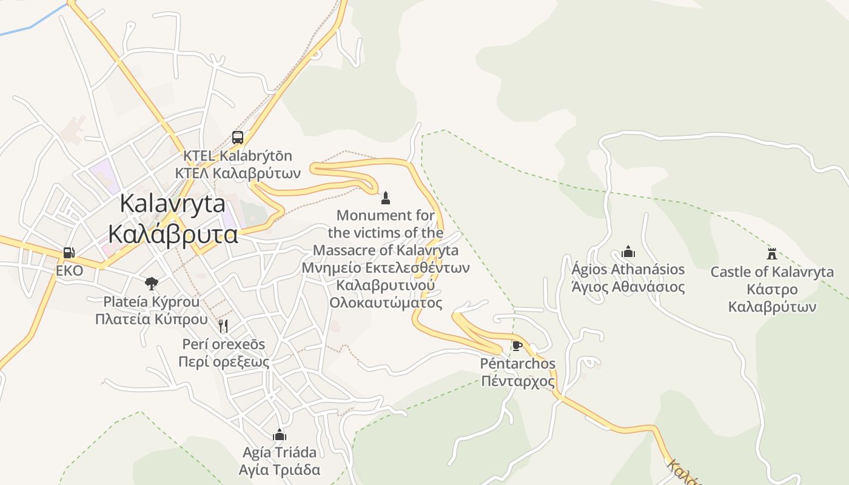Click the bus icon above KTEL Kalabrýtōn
pos(238,138)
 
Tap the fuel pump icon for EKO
pos(69,253)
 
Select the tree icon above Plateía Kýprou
pos(151,283)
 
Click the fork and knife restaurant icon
pos(223,326)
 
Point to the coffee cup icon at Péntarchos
pos(517,346)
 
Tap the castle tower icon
pos(772,254)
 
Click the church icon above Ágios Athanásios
pos(628,252)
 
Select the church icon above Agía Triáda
pos(280,435)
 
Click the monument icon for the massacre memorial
pos(385,198)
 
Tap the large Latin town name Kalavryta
pos(173,203)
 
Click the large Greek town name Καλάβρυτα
pos(173,233)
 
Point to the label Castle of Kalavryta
pos(772,272)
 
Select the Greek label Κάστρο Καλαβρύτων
pos(772,298)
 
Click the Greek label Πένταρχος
pos(517,381)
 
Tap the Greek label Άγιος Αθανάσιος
pos(628,287)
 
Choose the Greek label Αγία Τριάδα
pos(280,470)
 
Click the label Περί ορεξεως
pos(223,362)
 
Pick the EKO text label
pos(69,271)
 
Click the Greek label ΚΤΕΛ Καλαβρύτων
pos(238,173)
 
